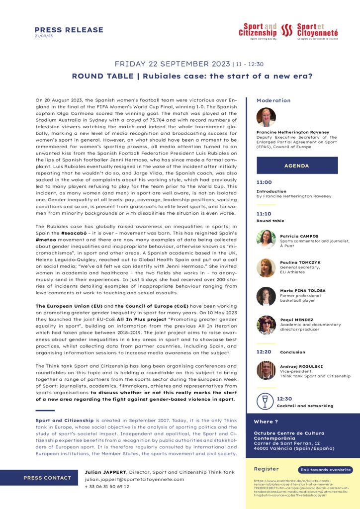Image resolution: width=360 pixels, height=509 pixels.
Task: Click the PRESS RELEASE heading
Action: point(69,30)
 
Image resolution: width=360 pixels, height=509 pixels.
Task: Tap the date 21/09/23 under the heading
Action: point(44,36)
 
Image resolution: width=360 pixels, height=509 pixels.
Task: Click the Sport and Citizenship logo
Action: point(257,31)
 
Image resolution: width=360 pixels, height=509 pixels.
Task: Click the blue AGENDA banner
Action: point(297,166)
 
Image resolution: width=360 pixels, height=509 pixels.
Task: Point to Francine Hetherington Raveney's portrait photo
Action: point(266,117)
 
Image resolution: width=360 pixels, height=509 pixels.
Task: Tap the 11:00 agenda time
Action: point(264,182)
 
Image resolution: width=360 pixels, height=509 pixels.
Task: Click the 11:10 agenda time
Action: point(264,214)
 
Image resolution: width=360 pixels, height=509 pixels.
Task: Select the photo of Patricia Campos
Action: point(266,239)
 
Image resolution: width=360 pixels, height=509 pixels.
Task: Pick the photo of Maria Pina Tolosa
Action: point(266,296)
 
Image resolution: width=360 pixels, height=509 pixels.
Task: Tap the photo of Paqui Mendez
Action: point(266,325)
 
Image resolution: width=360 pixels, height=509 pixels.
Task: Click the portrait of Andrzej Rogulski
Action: point(266,370)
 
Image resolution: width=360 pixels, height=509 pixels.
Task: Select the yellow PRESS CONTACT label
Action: point(47,478)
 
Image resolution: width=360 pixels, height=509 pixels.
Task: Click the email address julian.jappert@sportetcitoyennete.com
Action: point(134,479)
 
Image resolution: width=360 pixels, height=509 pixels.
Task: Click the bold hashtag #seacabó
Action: point(75,233)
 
